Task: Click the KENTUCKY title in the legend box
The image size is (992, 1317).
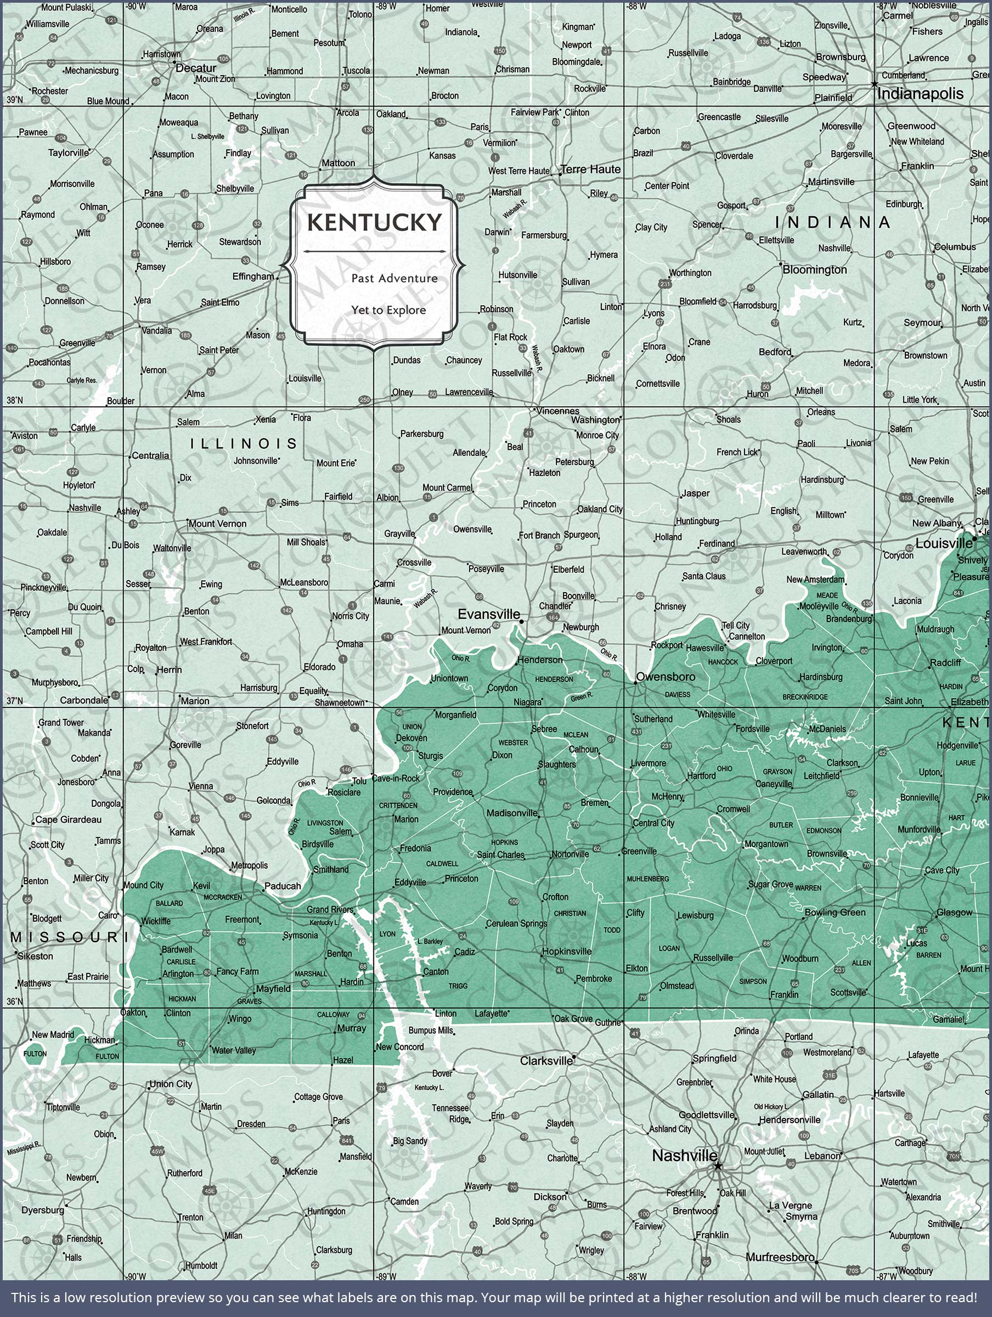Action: pyautogui.click(x=375, y=223)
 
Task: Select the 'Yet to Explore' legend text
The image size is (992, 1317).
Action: pyautogui.click(x=388, y=310)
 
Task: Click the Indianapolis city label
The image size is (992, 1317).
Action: pyautogui.click(x=920, y=93)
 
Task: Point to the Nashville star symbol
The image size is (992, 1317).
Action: pyautogui.click(x=718, y=1165)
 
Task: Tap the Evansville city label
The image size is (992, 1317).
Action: pyautogui.click(x=488, y=614)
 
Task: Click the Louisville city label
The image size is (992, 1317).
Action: pyautogui.click(x=943, y=543)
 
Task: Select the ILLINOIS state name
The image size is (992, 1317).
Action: pyautogui.click(x=244, y=443)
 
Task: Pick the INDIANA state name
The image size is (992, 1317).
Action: pyautogui.click(x=832, y=222)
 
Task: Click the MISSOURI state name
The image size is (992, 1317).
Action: pyautogui.click(x=65, y=937)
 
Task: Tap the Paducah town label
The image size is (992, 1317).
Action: pyautogui.click(x=282, y=885)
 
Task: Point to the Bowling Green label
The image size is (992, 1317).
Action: pyautogui.click(x=835, y=912)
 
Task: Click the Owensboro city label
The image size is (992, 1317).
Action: pyautogui.click(x=665, y=677)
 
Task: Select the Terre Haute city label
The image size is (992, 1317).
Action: pyautogui.click(x=591, y=169)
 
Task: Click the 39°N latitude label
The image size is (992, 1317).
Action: pyautogui.click(x=14, y=99)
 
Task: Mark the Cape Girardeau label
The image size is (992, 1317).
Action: pyautogui.click(x=68, y=819)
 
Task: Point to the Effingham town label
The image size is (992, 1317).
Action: pyautogui.click(x=252, y=276)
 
